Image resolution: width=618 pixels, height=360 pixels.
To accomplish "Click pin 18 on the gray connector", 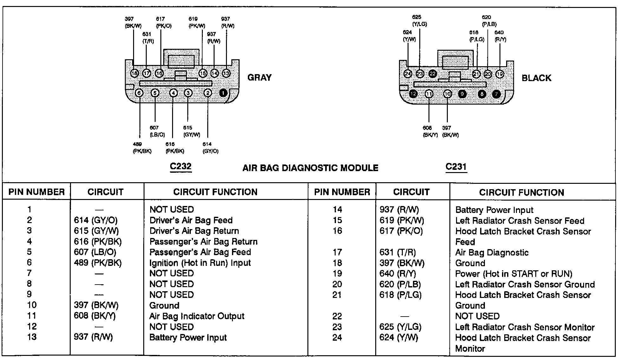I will point(135,74).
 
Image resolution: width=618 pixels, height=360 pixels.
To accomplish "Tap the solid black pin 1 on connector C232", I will point(223,93).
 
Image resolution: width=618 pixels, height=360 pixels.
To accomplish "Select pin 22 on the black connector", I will point(433,74).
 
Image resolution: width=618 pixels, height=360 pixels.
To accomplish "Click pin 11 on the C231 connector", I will point(429,94).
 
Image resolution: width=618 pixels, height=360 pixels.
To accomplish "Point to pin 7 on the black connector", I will point(496,94).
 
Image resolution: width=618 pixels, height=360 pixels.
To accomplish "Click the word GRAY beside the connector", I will point(259,78).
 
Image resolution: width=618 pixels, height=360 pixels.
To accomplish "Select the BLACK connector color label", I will point(536,78).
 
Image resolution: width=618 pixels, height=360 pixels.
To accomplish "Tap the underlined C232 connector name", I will point(181,166).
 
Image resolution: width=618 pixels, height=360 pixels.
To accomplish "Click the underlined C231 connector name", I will point(456,167).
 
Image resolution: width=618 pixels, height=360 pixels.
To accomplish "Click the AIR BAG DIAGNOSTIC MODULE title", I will point(310,168).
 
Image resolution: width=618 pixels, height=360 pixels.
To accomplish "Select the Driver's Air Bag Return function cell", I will point(194,231).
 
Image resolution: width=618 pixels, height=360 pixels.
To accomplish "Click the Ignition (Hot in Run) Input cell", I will point(200,263).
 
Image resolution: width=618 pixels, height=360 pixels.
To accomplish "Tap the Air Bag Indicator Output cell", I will point(197,316).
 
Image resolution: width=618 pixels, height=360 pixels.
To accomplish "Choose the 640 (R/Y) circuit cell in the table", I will point(397,273).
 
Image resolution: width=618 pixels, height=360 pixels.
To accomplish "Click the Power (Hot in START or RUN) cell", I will point(514,273).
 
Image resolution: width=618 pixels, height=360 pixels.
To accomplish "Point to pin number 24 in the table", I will point(337,337).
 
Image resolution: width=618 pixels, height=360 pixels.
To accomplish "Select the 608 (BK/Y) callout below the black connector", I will point(430,131).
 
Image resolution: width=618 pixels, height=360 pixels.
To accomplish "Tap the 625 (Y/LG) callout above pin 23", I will point(419,21).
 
